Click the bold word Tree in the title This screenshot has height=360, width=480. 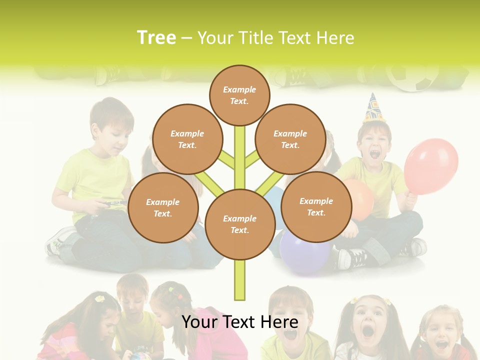point(156,37)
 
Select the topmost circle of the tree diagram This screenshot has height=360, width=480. point(239,95)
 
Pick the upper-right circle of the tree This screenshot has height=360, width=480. point(290,139)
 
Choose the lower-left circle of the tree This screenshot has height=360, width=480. point(162,207)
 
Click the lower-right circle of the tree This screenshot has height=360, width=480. point(316,206)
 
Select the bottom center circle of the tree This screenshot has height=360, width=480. point(239,224)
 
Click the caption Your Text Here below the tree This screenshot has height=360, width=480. point(239,322)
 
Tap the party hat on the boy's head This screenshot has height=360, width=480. point(373,107)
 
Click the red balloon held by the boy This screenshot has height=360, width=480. point(431,166)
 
